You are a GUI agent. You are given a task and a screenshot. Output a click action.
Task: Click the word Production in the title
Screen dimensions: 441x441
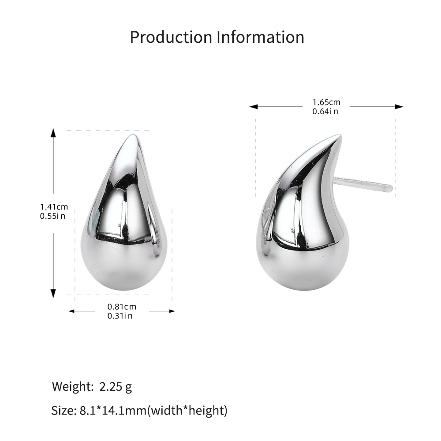[x=171, y=37]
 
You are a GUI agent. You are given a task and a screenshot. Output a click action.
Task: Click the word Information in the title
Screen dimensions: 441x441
[x=261, y=37]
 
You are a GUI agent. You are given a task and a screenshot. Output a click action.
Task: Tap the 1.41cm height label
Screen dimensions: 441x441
[x=54, y=207]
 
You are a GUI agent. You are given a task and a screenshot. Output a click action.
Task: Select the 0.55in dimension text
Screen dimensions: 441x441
[x=52, y=216]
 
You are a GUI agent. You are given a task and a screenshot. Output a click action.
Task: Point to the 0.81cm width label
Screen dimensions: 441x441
[x=122, y=306]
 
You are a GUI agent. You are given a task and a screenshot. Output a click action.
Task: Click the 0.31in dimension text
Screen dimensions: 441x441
[x=120, y=316]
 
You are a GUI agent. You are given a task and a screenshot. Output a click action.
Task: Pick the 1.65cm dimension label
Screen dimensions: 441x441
[x=326, y=102]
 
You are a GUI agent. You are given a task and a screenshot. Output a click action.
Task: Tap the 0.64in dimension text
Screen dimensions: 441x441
[x=325, y=112]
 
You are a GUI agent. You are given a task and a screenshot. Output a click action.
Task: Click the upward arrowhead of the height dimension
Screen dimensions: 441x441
[x=53, y=133]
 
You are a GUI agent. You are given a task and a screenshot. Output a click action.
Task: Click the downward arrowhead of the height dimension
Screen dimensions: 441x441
[x=53, y=293]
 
